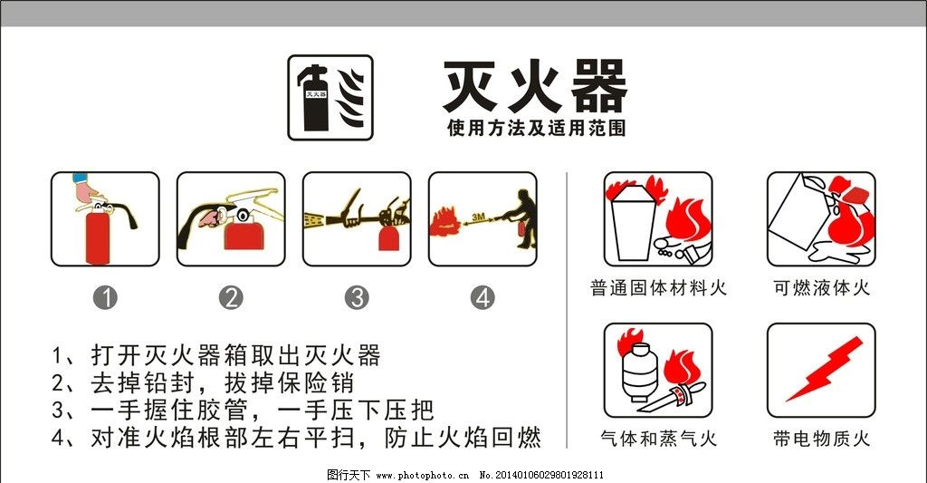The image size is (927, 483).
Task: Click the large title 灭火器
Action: [534, 87]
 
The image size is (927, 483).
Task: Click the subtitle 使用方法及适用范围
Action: [536, 129]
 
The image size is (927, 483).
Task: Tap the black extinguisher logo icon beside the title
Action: [330, 98]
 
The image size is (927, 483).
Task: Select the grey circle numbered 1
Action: [106, 297]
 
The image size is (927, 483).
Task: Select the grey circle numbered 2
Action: [232, 297]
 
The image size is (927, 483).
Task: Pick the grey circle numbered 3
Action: [358, 297]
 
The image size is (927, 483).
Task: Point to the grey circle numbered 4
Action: [483, 297]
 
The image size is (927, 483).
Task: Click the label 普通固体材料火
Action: [658, 288]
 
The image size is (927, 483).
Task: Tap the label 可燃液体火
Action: [821, 288]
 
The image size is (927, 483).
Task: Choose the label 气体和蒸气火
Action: [658, 439]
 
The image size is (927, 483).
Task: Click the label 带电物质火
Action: [821, 439]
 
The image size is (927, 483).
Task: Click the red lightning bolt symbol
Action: [823, 369]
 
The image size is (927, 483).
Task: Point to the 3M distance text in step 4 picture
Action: [481, 218]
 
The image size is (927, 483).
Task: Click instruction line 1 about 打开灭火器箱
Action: [216, 353]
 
